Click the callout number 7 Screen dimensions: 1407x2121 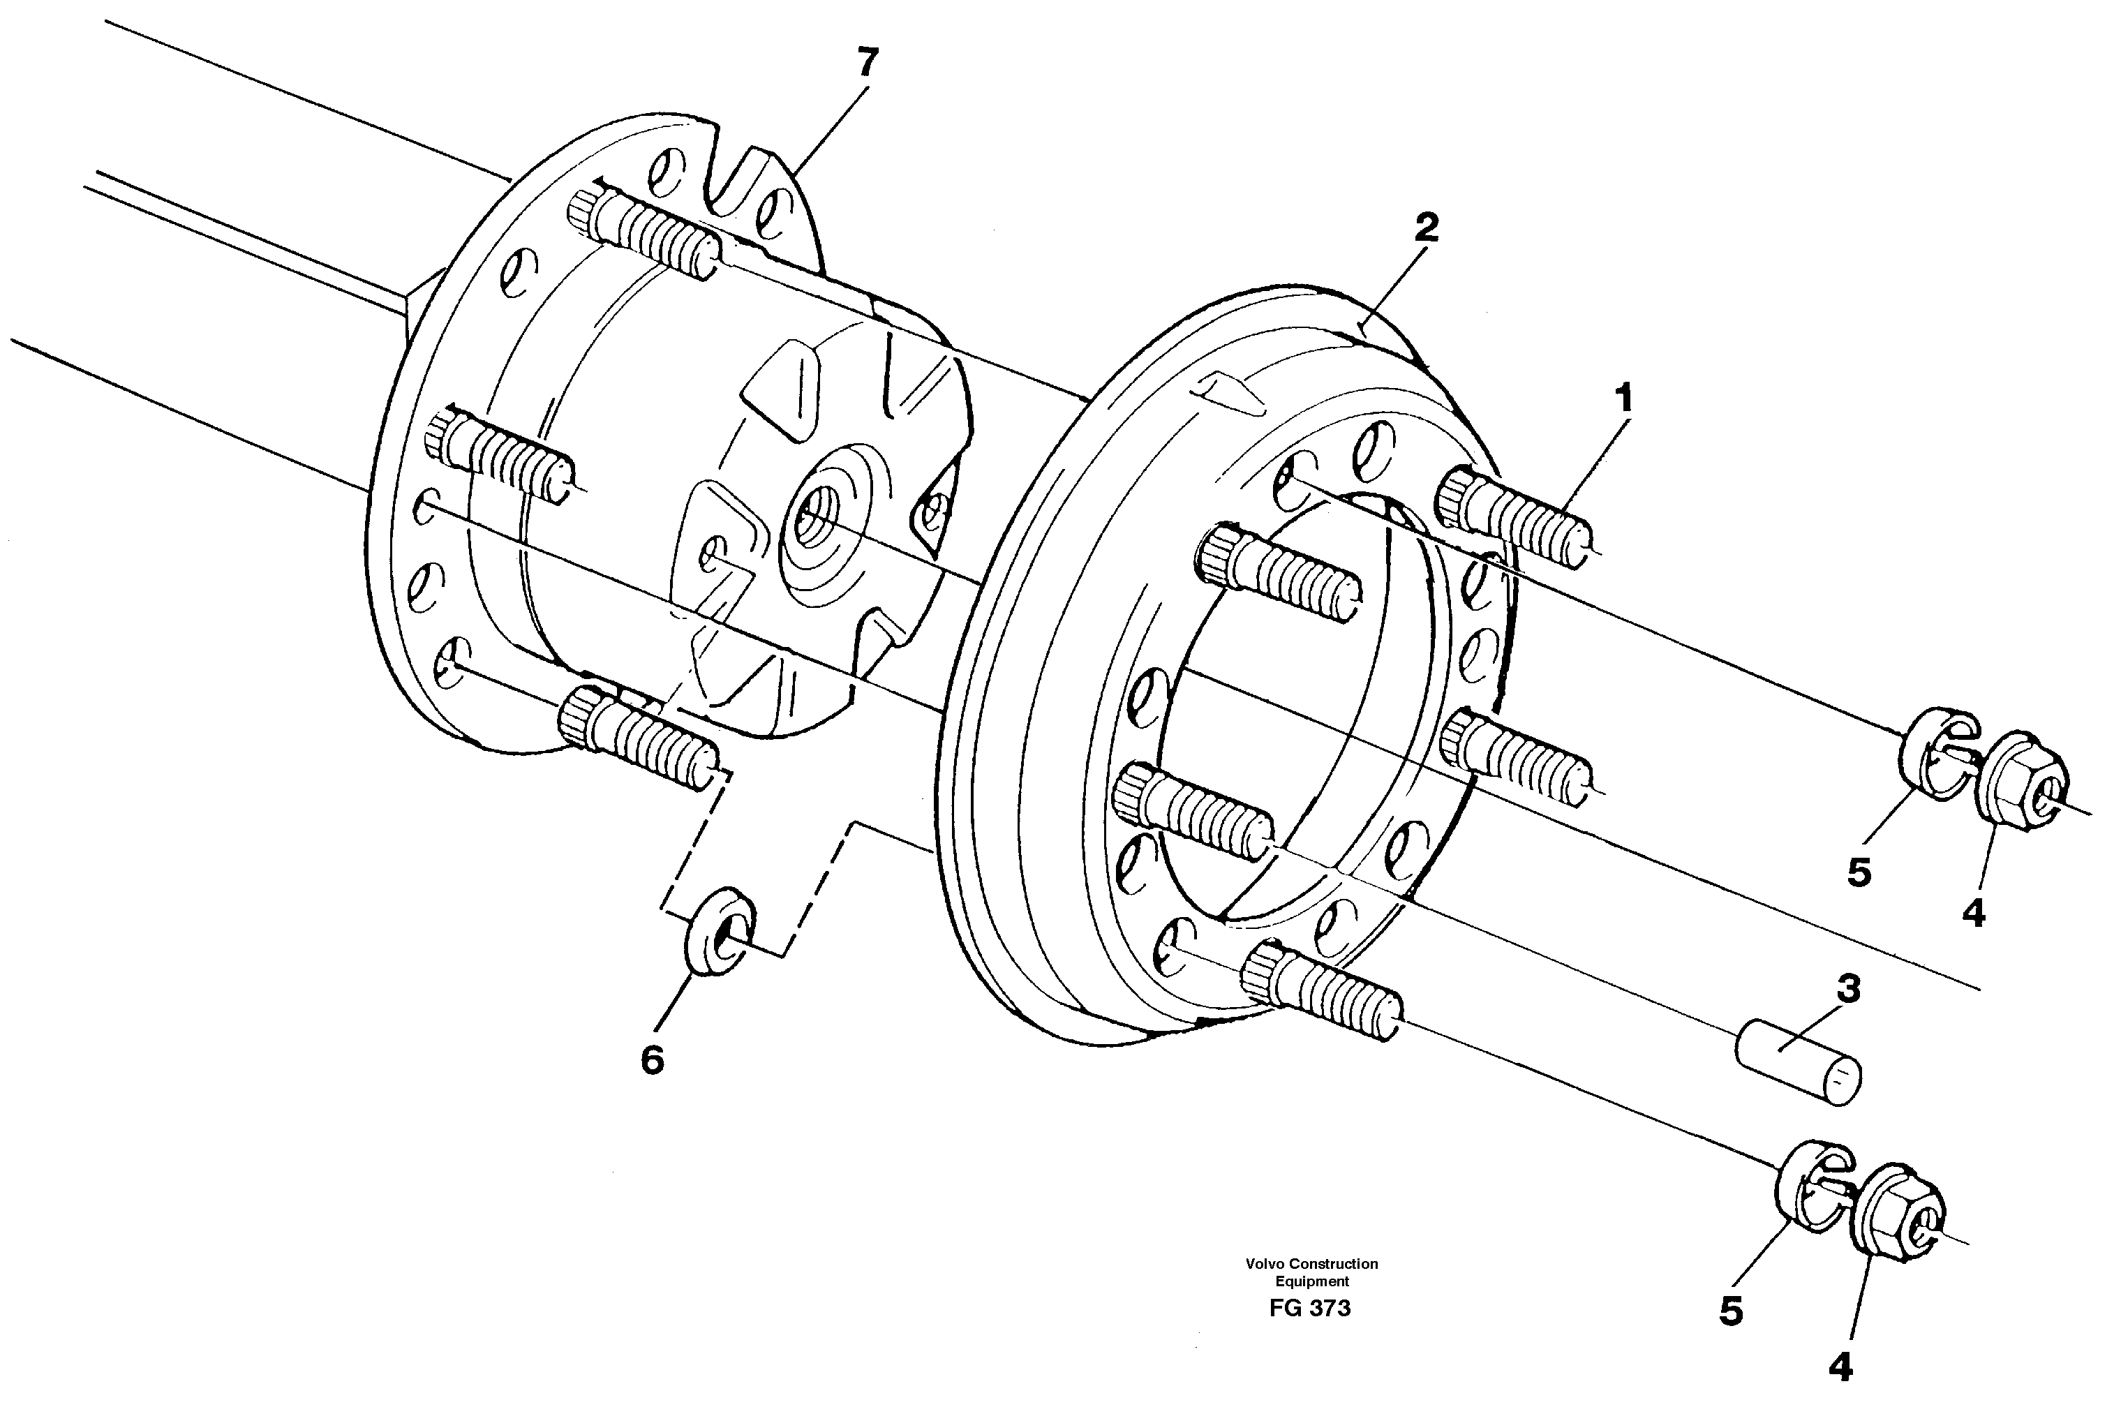(x=867, y=64)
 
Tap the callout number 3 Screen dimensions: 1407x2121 (x=1847, y=989)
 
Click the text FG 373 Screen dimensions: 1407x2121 (x=1310, y=1309)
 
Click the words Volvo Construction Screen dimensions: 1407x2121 (x=1311, y=1263)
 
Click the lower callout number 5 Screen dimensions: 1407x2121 (x=1731, y=1312)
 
